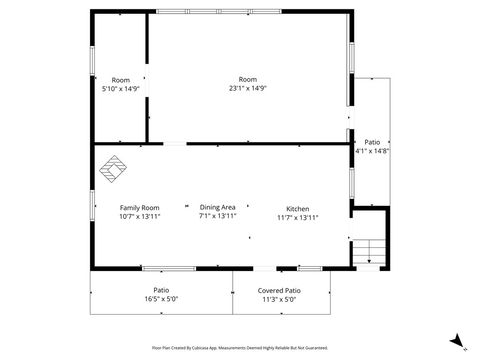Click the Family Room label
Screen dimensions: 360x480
point(140,207)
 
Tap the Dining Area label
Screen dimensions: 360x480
point(217,207)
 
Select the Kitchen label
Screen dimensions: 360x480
point(297,208)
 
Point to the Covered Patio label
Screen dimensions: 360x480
point(279,290)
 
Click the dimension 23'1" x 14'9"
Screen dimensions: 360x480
point(247,88)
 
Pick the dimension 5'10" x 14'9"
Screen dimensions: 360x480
point(120,88)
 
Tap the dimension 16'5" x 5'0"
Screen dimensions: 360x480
point(160,298)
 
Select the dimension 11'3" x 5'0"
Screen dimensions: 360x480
point(279,298)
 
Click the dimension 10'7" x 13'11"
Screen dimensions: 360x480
point(140,216)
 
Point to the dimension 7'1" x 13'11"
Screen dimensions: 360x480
point(217,216)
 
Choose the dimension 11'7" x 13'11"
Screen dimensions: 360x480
point(297,217)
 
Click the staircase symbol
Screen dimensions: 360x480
point(370,252)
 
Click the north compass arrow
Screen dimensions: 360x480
point(456,340)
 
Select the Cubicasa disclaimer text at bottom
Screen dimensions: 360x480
point(240,348)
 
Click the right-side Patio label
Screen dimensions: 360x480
point(371,142)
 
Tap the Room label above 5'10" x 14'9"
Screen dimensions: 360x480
point(120,79)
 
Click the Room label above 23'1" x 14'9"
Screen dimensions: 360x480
point(247,79)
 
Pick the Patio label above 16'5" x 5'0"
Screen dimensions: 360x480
point(160,290)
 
